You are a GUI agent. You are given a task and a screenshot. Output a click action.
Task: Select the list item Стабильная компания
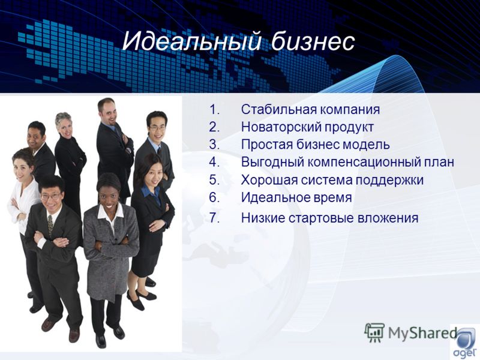tap(310, 109)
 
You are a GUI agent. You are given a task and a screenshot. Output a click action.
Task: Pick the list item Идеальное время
tap(296, 197)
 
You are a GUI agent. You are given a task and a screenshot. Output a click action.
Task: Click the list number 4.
tap(214, 162)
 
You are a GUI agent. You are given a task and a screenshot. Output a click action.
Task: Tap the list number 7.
tap(214, 218)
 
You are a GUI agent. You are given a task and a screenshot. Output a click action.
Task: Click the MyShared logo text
tap(422, 333)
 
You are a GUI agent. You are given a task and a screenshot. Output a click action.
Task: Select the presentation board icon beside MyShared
tap(374, 332)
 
